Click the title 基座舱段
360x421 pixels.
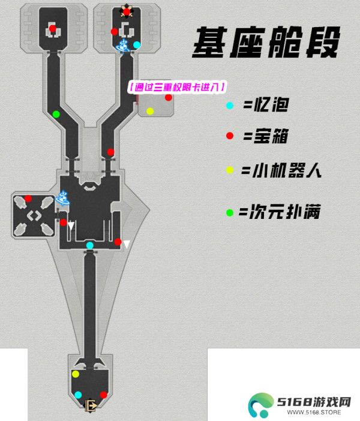click(266, 43)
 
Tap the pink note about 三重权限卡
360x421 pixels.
click(177, 87)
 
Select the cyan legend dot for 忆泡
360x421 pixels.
click(230, 106)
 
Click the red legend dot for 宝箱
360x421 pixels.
click(230, 136)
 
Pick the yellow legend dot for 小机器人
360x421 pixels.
click(230, 170)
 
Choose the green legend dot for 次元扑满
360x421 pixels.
click(230, 213)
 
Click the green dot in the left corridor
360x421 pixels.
click(56, 115)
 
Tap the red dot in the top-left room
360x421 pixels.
click(53, 28)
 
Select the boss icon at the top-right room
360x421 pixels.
click(126, 11)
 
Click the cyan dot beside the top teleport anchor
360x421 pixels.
click(137, 45)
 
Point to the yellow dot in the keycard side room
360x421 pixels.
click(150, 111)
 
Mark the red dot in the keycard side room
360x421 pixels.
click(169, 98)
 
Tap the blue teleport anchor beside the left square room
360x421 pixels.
click(63, 198)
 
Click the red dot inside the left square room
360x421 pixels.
click(28, 199)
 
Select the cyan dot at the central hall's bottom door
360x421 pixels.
click(90, 245)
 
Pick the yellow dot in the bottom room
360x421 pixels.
click(76, 374)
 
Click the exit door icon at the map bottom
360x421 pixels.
click(91, 405)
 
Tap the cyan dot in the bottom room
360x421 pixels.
click(78, 395)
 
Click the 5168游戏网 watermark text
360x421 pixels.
click(314, 402)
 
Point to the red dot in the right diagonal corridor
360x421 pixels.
click(110, 152)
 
